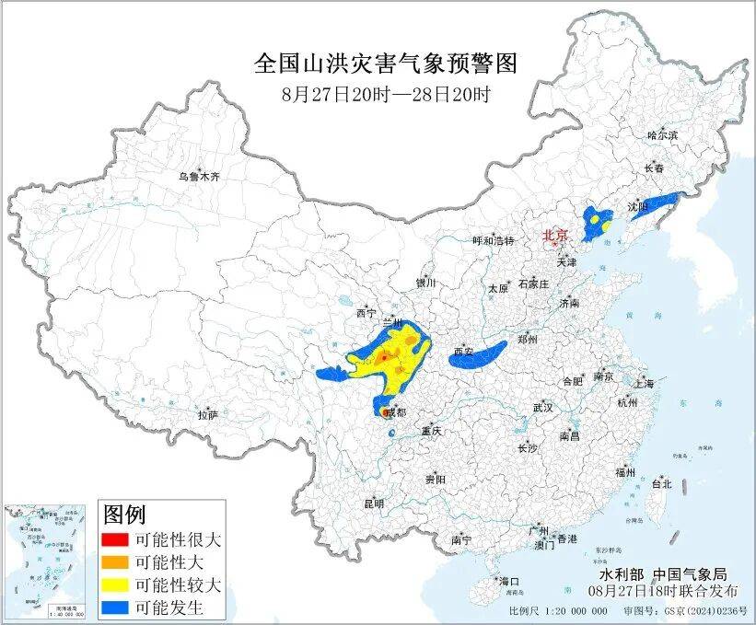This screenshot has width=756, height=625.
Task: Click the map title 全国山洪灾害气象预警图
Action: click(386, 64)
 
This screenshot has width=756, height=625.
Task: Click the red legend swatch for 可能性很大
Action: click(115, 538)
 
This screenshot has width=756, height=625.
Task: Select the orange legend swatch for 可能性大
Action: click(115, 561)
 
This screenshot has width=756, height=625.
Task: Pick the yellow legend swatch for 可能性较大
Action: click(115, 584)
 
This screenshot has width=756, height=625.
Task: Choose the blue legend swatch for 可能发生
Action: click(115, 608)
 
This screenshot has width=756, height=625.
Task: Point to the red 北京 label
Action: click(555, 236)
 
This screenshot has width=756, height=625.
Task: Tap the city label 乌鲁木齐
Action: click(200, 176)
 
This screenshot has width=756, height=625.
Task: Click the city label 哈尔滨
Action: click(661, 135)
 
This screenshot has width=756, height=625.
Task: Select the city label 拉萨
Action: click(207, 415)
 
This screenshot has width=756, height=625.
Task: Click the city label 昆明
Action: click(374, 503)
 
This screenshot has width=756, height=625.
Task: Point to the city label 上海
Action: click(643, 383)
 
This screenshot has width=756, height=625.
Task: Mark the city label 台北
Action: click(661, 483)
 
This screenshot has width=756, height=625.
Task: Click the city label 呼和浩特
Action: click(493, 240)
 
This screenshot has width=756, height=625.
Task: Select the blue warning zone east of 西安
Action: click(479, 353)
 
